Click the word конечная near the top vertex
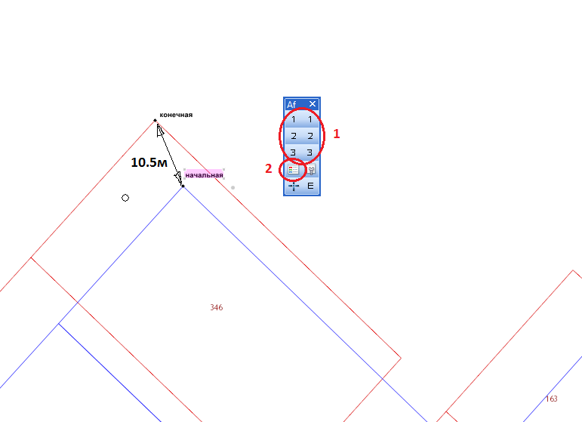pyautogui.click(x=176, y=115)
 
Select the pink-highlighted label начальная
pyautogui.click(x=204, y=175)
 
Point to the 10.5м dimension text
pyautogui.click(x=149, y=162)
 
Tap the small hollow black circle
pyautogui.click(x=125, y=198)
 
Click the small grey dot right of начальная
pyautogui.click(x=232, y=188)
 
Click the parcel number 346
pyautogui.click(x=217, y=307)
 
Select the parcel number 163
pyautogui.click(x=552, y=399)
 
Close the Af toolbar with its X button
pyautogui.click(x=313, y=104)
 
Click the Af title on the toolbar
pyautogui.click(x=291, y=105)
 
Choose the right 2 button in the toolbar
pyautogui.click(x=310, y=136)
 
